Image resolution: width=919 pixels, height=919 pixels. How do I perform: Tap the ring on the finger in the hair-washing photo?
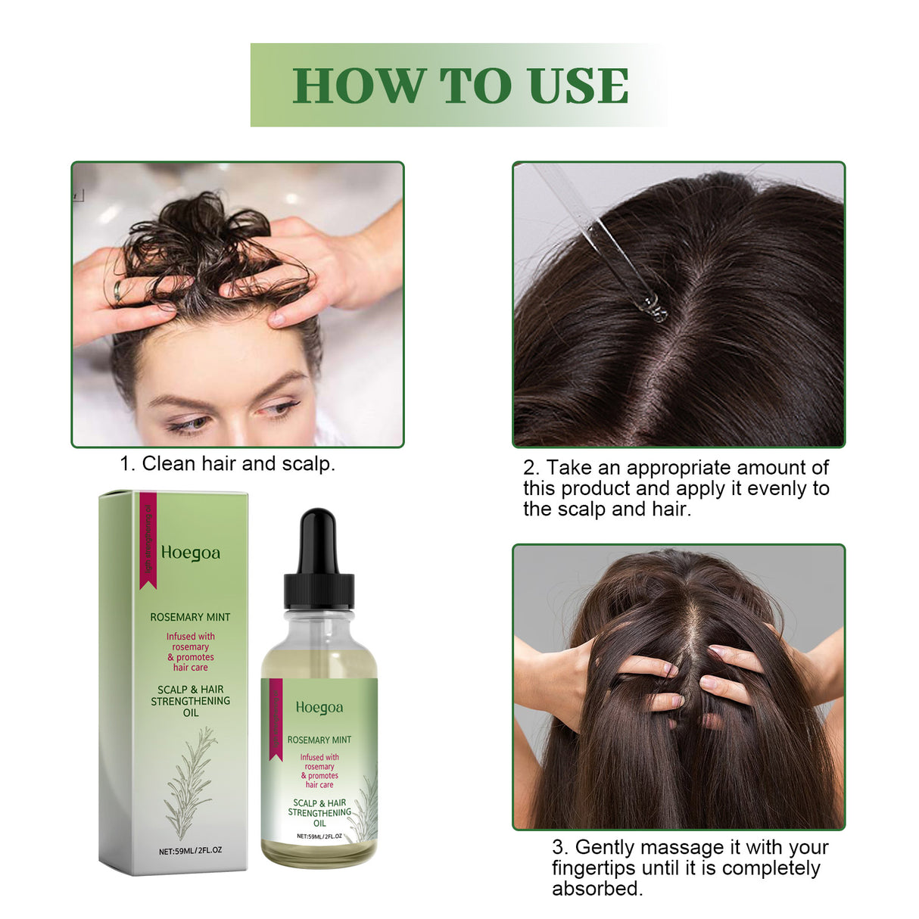[118, 291]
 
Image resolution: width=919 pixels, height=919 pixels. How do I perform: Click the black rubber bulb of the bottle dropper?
[317, 540]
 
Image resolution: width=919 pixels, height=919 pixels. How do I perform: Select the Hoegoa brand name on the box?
[190, 553]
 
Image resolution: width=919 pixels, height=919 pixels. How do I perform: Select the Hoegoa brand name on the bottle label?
[319, 708]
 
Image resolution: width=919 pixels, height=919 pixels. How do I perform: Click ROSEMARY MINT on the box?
[190, 617]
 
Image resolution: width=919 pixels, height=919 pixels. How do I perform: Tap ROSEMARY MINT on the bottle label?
[319, 740]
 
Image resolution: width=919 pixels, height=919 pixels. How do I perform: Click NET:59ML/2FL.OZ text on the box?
[190, 850]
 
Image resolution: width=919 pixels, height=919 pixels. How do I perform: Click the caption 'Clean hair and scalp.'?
[238, 463]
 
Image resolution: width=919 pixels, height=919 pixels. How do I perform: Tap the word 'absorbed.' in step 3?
[597, 888]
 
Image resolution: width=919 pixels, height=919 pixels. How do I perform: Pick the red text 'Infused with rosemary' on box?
[190, 642]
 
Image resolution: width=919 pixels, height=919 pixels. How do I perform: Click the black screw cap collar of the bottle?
[319, 590]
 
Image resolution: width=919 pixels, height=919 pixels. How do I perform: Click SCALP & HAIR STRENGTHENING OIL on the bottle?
[319, 812]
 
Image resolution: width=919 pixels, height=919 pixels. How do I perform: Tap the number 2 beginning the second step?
[529, 468]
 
